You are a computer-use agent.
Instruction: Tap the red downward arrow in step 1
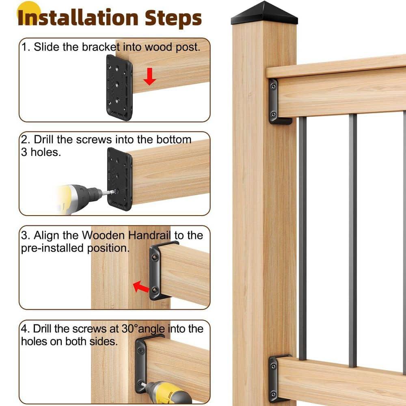[x=150, y=77]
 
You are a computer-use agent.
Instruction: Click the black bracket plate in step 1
[x=119, y=87]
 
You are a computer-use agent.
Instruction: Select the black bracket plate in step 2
[x=119, y=179]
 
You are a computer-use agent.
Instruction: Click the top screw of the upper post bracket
[x=274, y=86]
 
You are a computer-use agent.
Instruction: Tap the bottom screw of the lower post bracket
[x=274, y=393]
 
